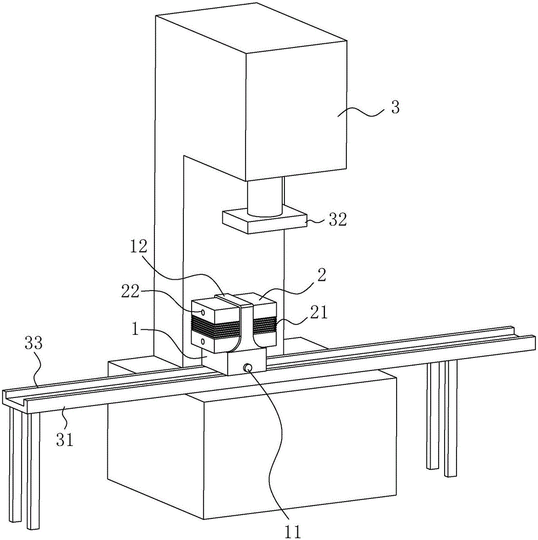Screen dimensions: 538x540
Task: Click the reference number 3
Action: tap(396, 107)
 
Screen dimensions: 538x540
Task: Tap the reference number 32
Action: tap(337, 219)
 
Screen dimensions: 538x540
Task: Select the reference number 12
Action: tap(138, 247)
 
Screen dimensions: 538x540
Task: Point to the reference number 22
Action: tap(130, 292)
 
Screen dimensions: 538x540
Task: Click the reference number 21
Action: tap(318, 313)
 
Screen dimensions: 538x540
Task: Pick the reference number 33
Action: tap(33, 343)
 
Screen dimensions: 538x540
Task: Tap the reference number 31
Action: tap(65, 440)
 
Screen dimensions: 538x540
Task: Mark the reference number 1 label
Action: tap(135, 329)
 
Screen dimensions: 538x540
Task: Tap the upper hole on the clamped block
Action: tap(203, 312)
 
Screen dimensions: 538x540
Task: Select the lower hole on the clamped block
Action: tap(203, 341)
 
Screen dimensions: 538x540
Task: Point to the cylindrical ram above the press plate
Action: tap(264, 197)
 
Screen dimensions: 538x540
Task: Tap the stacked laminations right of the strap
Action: tap(265, 325)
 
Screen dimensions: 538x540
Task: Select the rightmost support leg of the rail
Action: tap(451, 418)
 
